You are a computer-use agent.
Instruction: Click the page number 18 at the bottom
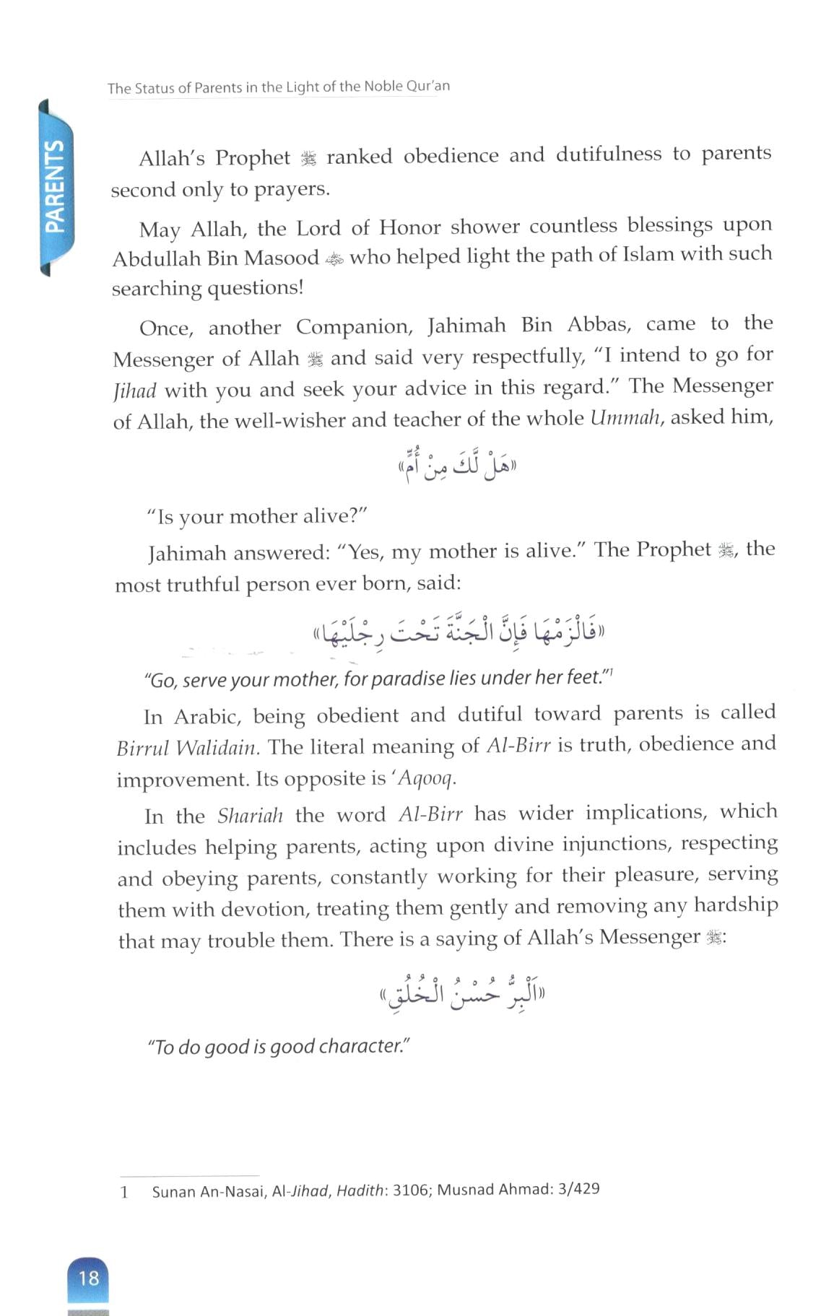click(88, 1278)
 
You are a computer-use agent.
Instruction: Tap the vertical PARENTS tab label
click(55, 186)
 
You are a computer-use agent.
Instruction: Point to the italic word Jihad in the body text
click(135, 391)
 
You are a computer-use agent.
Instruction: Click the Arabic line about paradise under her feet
click(458, 633)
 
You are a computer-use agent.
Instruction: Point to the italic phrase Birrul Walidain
click(188, 747)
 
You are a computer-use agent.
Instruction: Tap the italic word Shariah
click(250, 816)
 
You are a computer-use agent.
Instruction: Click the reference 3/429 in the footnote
click(578, 1188)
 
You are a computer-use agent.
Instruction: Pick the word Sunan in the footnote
click(173, 1191)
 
